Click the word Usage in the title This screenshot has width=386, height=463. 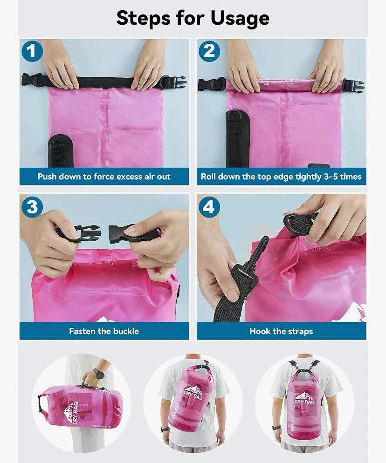240,18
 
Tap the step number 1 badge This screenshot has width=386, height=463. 32,51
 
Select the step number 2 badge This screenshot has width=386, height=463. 209,51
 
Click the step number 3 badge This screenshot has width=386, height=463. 32,206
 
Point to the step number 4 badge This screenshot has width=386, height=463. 209,206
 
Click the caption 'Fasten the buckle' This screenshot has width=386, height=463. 104,331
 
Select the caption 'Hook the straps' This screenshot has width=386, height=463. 281,331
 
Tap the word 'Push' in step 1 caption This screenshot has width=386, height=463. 47,177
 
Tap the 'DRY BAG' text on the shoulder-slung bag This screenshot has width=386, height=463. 192,395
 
